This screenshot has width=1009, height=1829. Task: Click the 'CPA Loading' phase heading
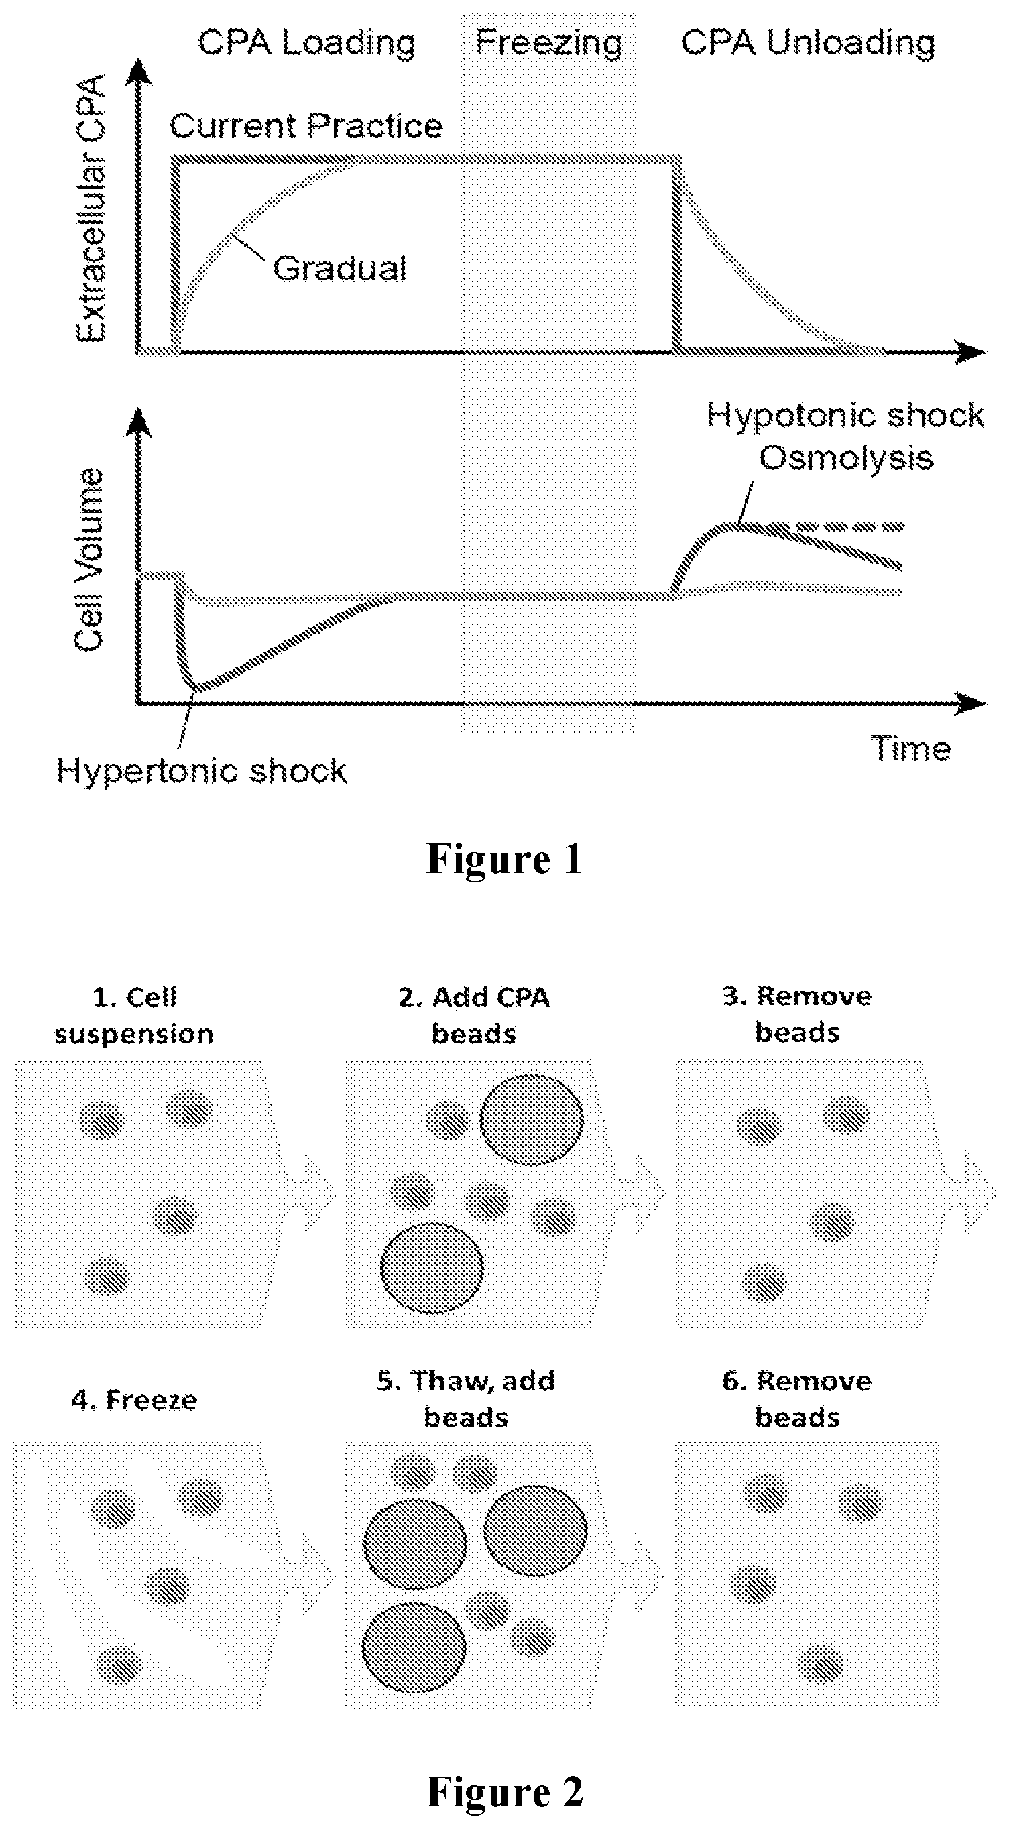307,44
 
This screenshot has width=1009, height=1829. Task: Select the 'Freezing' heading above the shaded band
549,44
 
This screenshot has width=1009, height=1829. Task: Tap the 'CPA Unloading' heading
808,43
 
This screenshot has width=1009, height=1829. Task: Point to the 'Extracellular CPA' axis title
92,208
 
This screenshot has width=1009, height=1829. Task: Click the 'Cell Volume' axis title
88,559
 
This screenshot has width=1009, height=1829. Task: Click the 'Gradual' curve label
339,268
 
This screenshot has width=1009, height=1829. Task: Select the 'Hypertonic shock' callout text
202,771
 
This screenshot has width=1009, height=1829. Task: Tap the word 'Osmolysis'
845,457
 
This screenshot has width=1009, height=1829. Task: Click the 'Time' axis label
911,748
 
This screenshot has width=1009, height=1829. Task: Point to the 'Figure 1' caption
504,858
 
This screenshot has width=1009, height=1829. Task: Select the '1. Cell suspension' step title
134,1015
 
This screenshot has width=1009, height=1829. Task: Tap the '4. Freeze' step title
134,1399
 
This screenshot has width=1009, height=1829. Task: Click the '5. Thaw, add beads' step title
466,1399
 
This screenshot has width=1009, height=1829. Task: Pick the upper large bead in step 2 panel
532,1120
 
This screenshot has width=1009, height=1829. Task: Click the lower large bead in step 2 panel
432,1267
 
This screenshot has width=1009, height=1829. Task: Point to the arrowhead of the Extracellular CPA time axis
969,351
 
